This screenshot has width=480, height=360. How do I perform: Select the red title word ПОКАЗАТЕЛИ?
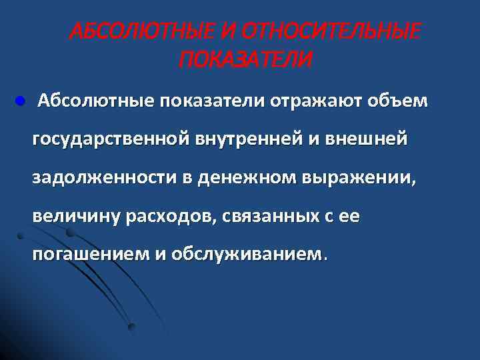245,61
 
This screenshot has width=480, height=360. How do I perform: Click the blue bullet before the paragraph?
19,101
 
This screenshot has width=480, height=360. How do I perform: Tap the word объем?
398,101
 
